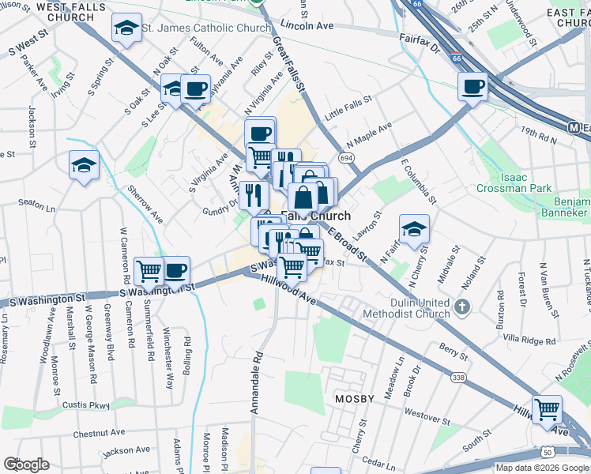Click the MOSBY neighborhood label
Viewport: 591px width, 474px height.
click(x=353, y=399)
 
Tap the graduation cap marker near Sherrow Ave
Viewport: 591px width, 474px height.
click(x=84, y=165)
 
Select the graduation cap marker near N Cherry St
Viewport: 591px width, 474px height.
click(x=414, y=229)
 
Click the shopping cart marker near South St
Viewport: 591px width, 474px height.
click(x=546, y=408)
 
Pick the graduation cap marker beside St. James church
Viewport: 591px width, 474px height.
click(x=126, y=28)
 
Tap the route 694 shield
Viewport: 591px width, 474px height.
click(x=346, y=159)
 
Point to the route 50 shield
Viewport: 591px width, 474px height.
click(x=547, y=453)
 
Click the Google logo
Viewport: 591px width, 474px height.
click(x=26, y=465)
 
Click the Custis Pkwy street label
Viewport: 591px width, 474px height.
click(x=86, y=405)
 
